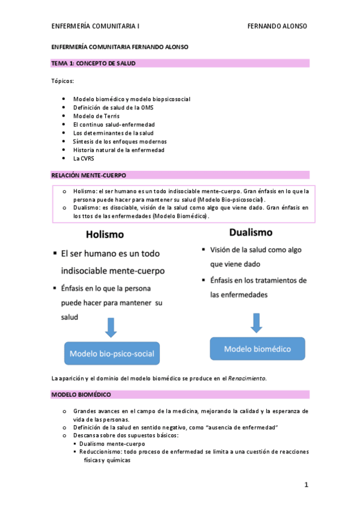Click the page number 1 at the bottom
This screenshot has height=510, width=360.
point(306,484)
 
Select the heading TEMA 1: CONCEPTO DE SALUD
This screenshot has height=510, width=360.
point(93,63)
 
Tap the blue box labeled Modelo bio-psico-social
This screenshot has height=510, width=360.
point(112,353)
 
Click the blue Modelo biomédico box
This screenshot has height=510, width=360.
point(257,349)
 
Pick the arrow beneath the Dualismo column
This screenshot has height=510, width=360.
point(257,322)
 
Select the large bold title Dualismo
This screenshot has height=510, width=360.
point(251,232)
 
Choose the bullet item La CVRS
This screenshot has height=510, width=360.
point(84,158)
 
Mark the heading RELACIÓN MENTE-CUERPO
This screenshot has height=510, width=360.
point(88,175)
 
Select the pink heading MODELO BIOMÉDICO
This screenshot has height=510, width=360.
point(81,395)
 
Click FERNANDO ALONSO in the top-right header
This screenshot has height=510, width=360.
point(278,26)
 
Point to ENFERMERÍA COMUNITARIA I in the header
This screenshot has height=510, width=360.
point(96,26)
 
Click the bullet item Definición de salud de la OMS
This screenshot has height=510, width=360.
point(113,107)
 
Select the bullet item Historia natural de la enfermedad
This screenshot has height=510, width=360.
point(118,150)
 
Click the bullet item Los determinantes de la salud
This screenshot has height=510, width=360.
point(114,133)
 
